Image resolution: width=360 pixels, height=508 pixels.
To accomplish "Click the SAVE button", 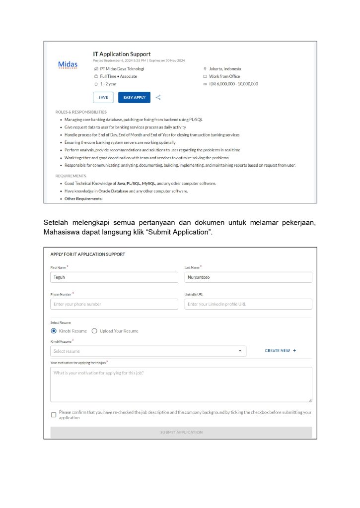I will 103,97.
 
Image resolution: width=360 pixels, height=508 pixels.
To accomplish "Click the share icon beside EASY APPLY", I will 158,97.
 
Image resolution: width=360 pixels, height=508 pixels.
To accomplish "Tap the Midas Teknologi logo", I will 68,65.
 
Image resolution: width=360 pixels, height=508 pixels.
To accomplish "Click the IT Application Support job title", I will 122,54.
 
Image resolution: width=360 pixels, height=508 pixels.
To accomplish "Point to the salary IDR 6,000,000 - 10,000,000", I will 233,84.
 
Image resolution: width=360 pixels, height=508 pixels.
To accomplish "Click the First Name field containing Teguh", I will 114,277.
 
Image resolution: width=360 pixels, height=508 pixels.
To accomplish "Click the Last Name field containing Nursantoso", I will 248,277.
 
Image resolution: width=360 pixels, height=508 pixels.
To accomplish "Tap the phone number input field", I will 114,304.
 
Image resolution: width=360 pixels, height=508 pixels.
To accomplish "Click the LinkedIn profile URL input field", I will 248,304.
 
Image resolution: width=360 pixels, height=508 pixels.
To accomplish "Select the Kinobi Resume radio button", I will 54,331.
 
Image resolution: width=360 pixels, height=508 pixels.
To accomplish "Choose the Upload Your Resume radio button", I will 94,331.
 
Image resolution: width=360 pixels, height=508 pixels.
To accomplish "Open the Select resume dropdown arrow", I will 240,351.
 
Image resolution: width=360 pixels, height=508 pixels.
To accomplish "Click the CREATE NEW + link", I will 281,351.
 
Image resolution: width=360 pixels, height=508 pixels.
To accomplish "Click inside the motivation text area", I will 181,384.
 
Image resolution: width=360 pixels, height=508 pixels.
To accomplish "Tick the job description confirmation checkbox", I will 54,415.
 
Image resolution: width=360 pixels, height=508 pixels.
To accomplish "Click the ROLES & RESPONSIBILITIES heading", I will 81,112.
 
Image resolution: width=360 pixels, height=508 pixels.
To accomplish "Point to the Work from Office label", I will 224,76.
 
